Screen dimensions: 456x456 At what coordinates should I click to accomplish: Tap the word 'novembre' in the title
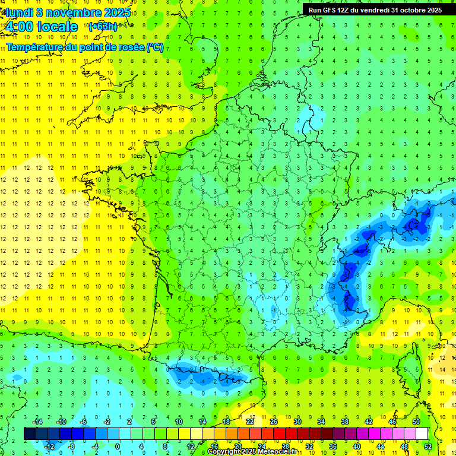pyautogui.click(x=66, y=12)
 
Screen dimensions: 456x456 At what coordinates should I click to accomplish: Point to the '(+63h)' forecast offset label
pyautogui.click(x=102, y=27)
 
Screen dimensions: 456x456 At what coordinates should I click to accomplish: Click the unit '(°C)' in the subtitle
pyautogui.click(x=155, y=47)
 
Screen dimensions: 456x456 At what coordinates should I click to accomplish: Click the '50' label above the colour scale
pyautogui.click(x=416, y=422)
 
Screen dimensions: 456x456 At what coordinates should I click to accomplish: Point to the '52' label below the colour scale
pyautogui.click(x=428, y=446)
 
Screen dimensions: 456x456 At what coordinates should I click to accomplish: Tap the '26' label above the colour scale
pyautogui.click(x=274, y=422)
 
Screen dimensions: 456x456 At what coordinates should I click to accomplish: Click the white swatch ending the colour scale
pyautogui.click(x=422, y=434)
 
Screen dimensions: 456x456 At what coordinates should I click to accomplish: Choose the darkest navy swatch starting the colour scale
pyautogui.click(x=30, y=434)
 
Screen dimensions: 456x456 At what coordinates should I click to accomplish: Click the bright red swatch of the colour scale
pyautogui.click(x=279, y=434)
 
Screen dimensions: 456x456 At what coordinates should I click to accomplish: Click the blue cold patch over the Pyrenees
pyautogui.click(x=205, y=376)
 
